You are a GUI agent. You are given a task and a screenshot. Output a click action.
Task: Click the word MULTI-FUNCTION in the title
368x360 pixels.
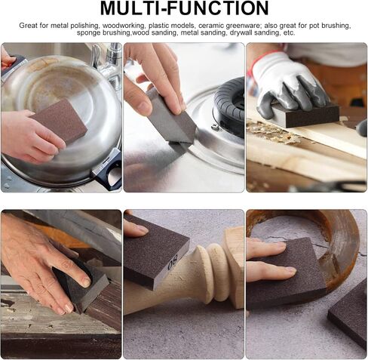pyautogui.click(x=185, y=8)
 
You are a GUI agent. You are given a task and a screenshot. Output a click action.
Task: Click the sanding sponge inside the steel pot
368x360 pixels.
pyautogui.click(x=59, y=119)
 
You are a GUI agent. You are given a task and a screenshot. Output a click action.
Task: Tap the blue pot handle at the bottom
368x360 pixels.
pyautogui.click(x=107, y=171)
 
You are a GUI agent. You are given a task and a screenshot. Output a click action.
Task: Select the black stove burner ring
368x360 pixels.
pyautogui.click(x=228, y=106)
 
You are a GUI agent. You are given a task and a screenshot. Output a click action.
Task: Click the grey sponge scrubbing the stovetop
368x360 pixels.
pyautogui.click(x=170, y=119)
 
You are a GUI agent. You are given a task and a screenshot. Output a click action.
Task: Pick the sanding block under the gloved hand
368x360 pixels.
pyautogui.click(x=306, y=114)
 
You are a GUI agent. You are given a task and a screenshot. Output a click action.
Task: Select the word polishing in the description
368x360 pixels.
pyautogui.click(x=86, y=26)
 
